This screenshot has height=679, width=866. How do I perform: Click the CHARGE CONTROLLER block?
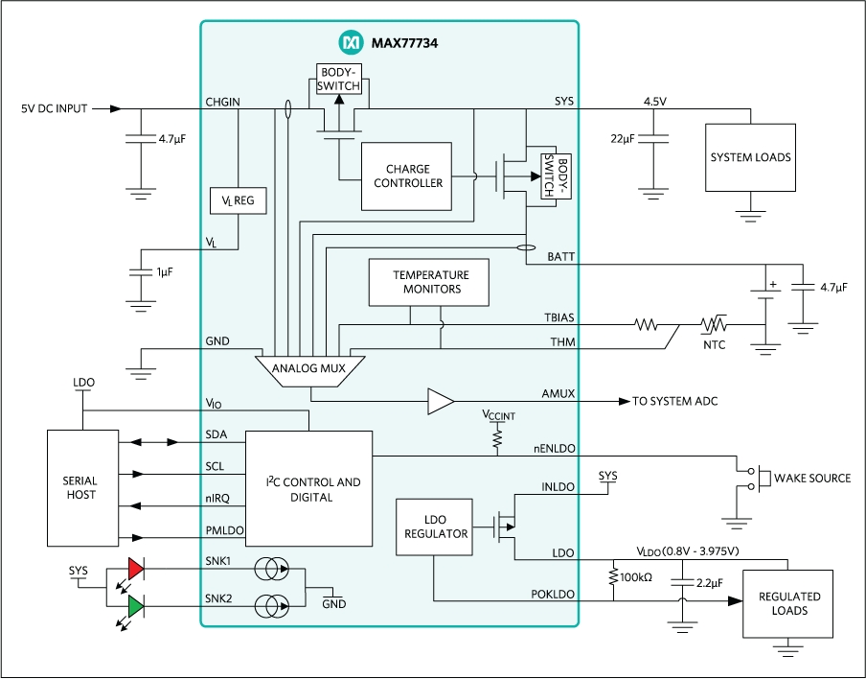[x=408, y=176]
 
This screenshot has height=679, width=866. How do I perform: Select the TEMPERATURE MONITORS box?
[x=426, y=282]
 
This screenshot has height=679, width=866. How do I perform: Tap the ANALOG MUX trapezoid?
[x=309, y=367]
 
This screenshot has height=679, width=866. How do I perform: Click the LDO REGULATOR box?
[x=434, y=527]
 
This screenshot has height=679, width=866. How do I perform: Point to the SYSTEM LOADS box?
[x=750, y=157]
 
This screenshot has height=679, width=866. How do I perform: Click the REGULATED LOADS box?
[x=788, y=603]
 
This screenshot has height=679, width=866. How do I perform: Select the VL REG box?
[x=238, y=200]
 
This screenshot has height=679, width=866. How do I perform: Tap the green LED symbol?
[x=135, y=607]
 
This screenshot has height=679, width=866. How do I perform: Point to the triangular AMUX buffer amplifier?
[x=441, y=402]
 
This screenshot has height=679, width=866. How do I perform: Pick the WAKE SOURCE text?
[x=811, y=478]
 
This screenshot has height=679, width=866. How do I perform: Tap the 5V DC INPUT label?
[x=54, y=108]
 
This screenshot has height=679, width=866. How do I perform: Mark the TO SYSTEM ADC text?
[x=674, y=402]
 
